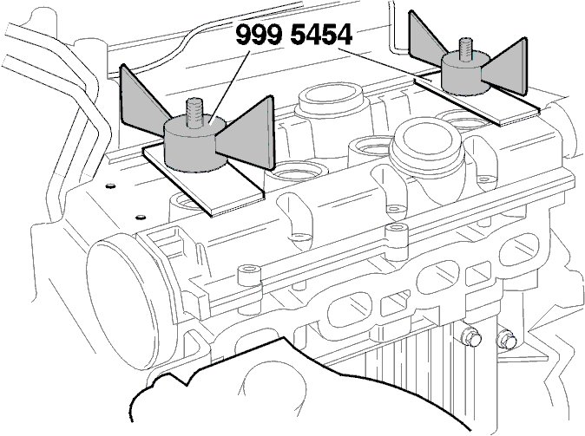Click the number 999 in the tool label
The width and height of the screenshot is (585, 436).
coord(259,36)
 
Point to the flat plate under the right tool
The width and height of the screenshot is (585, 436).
coord(486,103)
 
